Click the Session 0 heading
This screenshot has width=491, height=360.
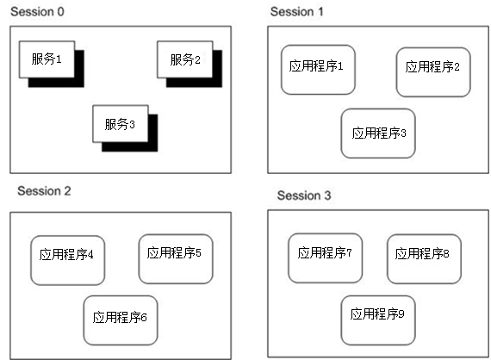[37, 12]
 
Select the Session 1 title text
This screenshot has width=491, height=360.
[296, 12]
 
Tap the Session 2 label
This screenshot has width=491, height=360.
[44, 191]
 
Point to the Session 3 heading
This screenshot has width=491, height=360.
[304, 196]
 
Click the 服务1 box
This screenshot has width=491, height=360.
[47, 59]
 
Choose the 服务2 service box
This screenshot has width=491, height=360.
[184, 59]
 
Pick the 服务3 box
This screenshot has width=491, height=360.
[121, 124]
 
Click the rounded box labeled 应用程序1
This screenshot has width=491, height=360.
[318, 70]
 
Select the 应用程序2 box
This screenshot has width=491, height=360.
[433, 72]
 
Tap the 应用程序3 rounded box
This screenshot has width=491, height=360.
[378, 133]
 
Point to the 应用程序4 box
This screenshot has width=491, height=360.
[67, 260]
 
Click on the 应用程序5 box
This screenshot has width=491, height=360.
[176, 259]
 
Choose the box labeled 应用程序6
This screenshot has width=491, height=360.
[121, 320]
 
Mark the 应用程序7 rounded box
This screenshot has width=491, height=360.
[325, 258]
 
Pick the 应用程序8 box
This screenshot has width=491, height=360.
[424, 259]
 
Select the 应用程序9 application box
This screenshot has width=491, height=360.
[378, 320]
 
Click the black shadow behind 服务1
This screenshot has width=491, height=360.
[56, 83]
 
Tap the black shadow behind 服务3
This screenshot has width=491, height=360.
[130, 147]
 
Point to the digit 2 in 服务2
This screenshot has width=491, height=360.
[197, 59]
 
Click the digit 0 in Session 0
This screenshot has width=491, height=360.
[61, 12]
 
